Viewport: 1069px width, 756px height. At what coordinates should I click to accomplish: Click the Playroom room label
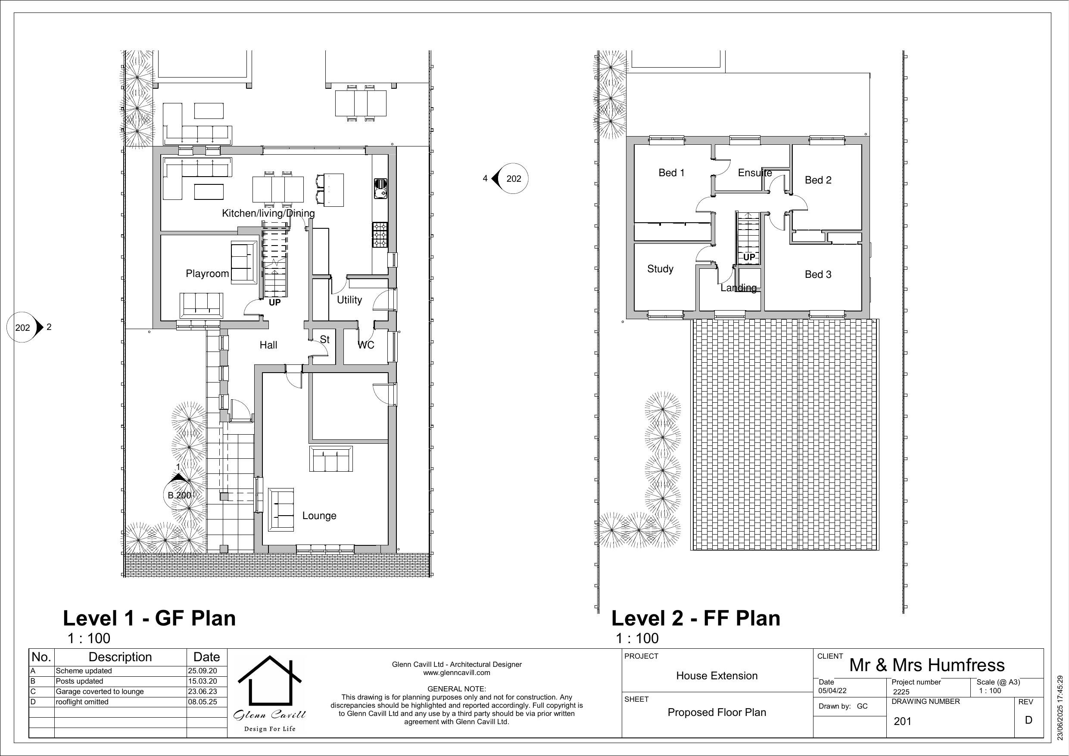tap(207, 273)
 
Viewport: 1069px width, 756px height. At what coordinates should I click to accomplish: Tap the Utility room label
tap(349, 300)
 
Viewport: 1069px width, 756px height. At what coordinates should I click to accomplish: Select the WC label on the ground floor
tap(366, 345)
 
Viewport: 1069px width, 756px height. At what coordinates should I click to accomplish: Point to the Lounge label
tap(319, 515)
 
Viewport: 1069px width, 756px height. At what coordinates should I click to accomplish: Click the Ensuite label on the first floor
tap(755, 173)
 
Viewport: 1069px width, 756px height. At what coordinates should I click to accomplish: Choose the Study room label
tap(660, 269)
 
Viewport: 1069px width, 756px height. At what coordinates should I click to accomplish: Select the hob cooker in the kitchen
tap(380, 235)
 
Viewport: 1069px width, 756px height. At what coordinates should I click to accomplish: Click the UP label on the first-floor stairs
tap(749, 257)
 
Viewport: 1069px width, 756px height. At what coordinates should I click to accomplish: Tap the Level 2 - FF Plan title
tap(695, 618)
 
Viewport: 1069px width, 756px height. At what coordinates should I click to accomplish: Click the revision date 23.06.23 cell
tap(202, 691)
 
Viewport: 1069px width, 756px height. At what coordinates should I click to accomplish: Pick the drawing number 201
tap(902, 721)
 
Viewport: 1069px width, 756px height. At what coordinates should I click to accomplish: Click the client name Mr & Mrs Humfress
tap(926, 665)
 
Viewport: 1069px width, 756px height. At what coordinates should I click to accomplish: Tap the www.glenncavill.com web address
tap(456, 673)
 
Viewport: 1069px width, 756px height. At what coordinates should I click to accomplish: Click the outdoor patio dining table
tap(360, 103)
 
